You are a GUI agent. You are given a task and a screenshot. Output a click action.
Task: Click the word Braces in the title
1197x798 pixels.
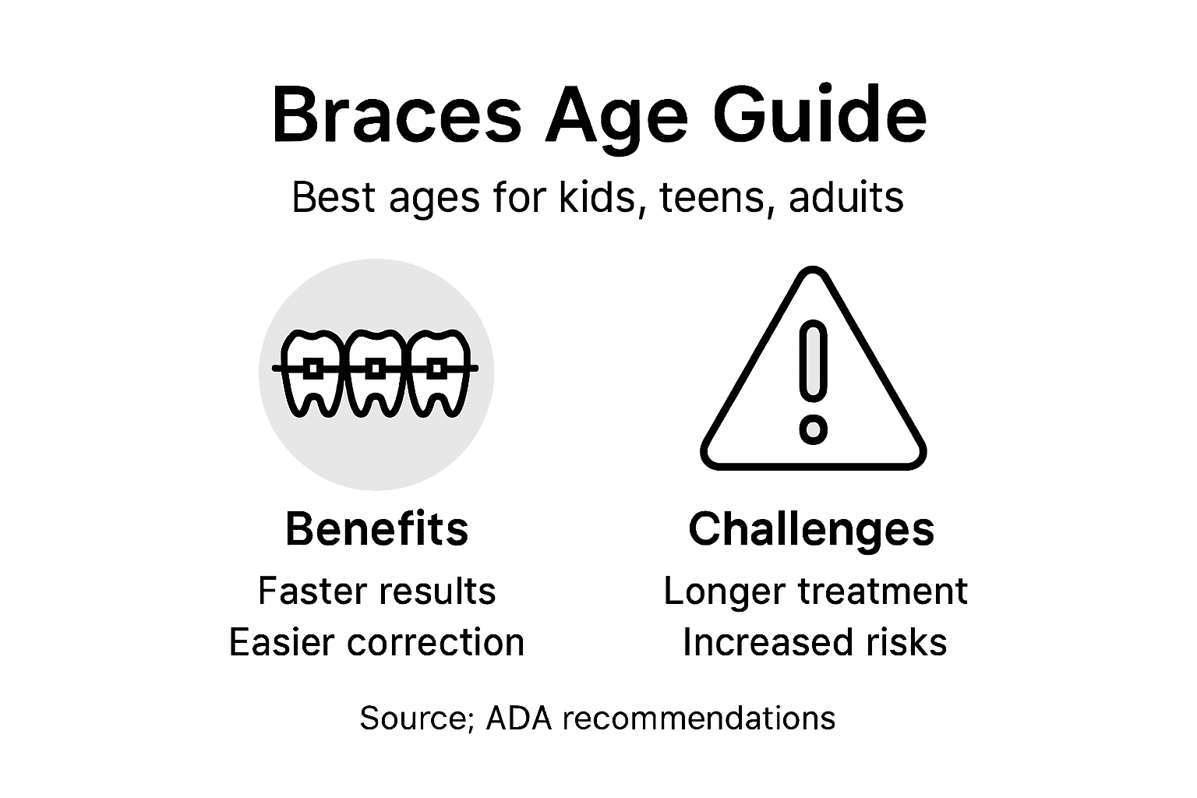(396, 116)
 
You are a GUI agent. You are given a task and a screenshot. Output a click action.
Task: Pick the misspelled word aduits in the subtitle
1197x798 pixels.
(846, 197)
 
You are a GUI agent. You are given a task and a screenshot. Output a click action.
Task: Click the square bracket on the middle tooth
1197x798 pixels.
(376, 368)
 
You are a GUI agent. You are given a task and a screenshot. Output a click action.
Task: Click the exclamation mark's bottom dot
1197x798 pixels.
(813, 429)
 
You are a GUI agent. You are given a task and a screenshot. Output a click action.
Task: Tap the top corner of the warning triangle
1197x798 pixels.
(813, 277)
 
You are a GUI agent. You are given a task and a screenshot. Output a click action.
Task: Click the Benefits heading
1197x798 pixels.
(376, 529)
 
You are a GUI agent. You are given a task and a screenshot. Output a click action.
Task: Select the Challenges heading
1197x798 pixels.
(811, 530)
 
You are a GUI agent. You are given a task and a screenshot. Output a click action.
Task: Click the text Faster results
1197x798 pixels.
(376, 591)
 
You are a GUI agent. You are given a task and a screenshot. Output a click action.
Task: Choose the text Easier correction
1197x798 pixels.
(376, 642)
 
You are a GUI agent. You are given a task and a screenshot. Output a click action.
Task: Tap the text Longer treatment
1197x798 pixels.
(815, 591)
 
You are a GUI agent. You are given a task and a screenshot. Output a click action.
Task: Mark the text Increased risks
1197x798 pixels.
(814, 642)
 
